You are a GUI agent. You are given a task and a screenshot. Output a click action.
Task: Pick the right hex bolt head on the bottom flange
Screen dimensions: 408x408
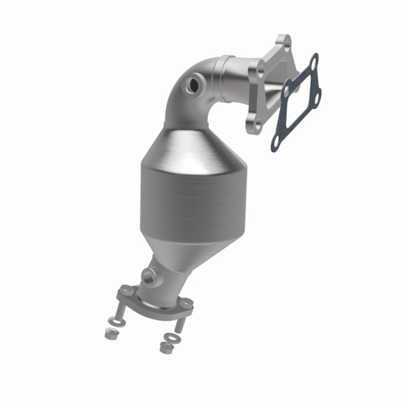[186, 303]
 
